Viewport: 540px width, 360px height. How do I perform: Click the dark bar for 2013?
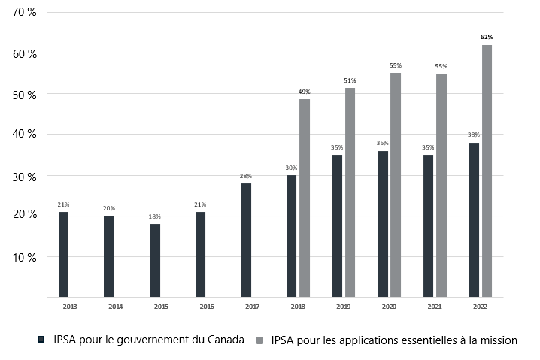[x=63, y=254]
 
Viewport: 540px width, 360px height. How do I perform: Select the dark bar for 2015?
[x=154, y=260]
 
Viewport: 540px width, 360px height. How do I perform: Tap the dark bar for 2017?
[x=246, y=240]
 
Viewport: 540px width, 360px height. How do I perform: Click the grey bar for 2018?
[x=305, y=198]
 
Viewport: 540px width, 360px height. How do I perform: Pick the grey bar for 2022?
[x=487, y=171]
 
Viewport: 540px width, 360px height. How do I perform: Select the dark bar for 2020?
[x=383, y=223]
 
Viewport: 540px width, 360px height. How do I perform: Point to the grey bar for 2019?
[x=350, y=192]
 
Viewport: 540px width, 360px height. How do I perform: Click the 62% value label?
[x=487, y=37]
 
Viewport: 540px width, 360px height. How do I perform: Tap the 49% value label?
[x=305, y=92]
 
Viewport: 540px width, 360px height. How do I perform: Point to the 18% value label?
[x=154, y=216]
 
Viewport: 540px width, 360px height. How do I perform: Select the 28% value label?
[x=246, y=176]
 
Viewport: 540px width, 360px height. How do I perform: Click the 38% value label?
[x=473, y=135]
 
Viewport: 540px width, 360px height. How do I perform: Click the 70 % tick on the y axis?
[x=26, y=14]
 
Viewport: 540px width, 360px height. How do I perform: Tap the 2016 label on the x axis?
[x=207, y=307]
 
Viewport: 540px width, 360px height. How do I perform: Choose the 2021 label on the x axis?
[x=435, y=307]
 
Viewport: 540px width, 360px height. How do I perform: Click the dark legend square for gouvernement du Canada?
[x=42, y=340]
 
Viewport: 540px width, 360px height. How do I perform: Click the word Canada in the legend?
[x=225, y=340]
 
